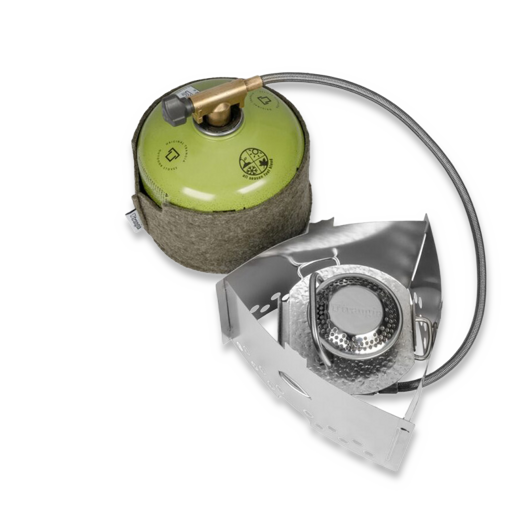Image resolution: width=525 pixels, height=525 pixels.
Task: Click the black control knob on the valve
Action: pyautogui.click(x=182, y=103)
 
